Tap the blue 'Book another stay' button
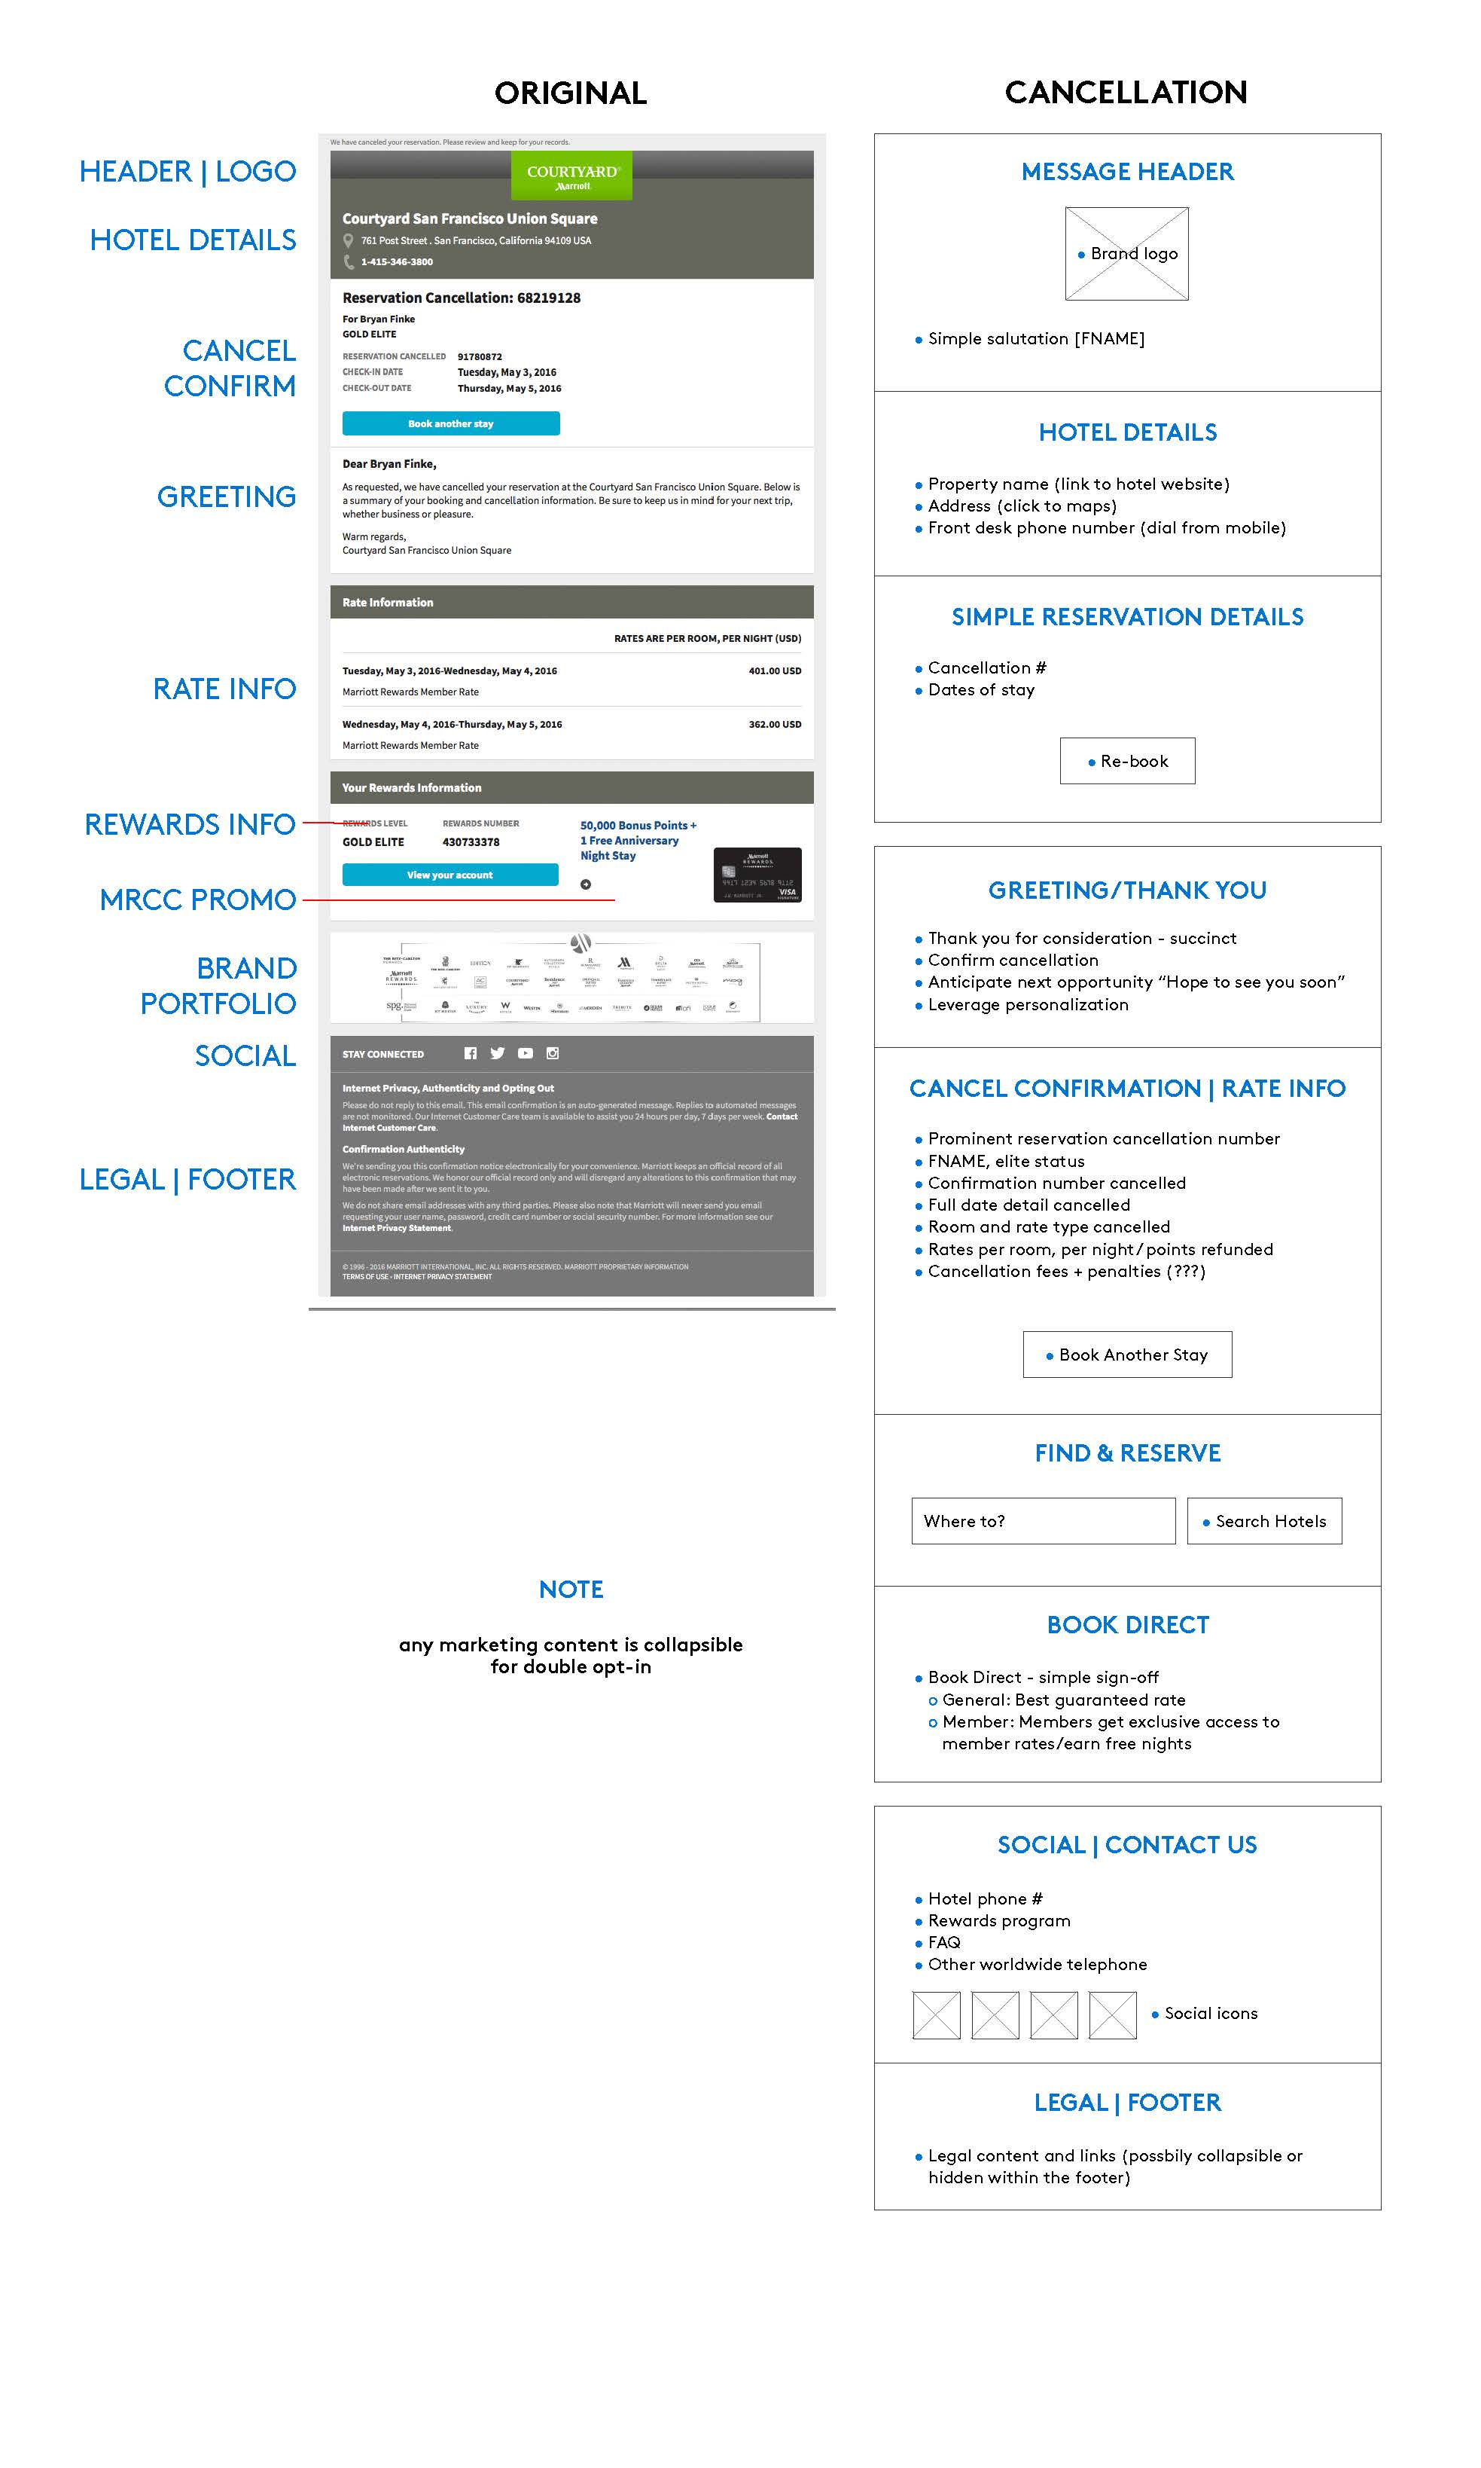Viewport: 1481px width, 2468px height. [450, 423]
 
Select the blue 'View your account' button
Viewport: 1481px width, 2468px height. [450, 875]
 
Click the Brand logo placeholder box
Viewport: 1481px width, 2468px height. [1126, 254]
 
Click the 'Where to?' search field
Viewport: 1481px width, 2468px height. [1043, 1520]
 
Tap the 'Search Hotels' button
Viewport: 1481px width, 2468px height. [1264, 1520]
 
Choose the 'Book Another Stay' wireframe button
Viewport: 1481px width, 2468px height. [1126, 1355]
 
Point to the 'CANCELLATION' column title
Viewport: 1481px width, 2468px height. [1126, 93]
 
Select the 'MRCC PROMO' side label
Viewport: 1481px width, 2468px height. [197, 900]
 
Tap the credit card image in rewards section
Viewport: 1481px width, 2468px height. [757, 875]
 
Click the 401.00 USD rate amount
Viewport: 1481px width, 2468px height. [775, 671]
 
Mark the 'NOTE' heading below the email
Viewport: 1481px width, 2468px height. [571, 1590]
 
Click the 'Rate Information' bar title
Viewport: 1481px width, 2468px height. [389, 603]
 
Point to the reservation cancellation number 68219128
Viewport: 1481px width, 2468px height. [549, 298]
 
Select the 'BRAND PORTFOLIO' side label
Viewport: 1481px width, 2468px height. [218, 985]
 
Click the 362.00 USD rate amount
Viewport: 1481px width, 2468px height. [775, 725]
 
